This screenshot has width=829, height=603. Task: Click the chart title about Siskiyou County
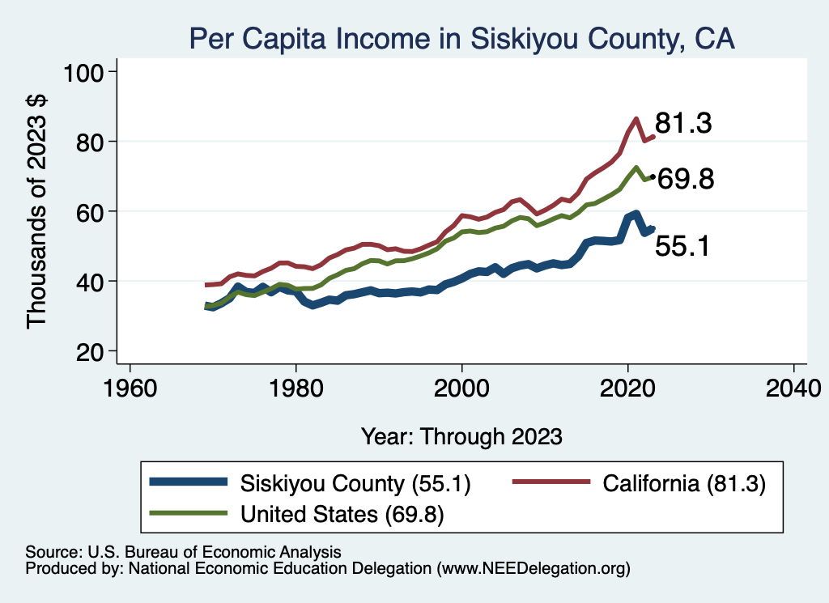click(x=461, y=38)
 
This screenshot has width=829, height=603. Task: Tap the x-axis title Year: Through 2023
click(x=461, y=436)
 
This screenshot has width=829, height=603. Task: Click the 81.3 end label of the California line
click(x=683, y=124)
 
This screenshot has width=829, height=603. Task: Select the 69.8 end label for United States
click(x=685, y=179)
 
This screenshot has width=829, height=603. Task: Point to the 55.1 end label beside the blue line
click(x=682, y=245)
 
